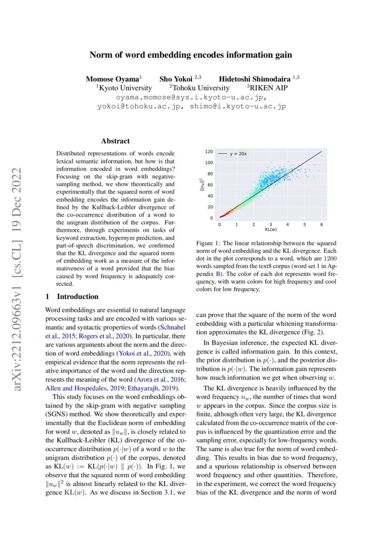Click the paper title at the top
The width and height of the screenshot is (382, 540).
(x=191, y=55)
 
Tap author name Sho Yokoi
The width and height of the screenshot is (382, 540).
(x=176, y=79)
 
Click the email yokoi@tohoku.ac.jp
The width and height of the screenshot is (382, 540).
(x=139, y=106)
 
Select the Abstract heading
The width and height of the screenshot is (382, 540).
(x=115, y=141)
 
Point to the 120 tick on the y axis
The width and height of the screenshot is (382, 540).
(x=209, y=152)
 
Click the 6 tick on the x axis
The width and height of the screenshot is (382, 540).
(x=321, y=224)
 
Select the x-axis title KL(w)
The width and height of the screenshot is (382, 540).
(x=270, y=229)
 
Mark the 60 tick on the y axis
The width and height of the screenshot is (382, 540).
(x=210, y=185)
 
